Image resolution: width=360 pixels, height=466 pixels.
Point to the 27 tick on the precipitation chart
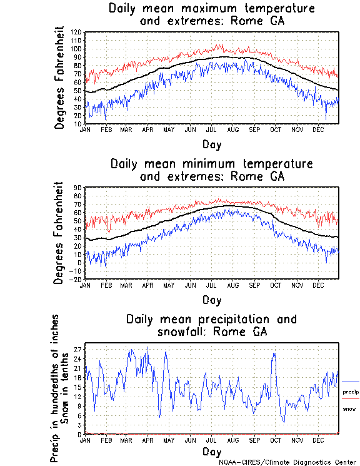pos(77,348)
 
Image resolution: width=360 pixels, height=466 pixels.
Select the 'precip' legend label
pos(351,392)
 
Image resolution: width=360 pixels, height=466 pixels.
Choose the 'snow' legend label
pos(349,408)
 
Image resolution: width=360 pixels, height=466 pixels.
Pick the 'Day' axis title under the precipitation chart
pos(212,451)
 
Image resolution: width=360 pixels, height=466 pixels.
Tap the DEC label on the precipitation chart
pos(317,439)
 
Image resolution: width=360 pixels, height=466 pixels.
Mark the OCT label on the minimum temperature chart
pos(275,285)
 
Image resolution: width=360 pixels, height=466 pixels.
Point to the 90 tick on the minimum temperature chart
pos(77,188)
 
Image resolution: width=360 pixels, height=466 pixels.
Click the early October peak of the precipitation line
pos(274,354)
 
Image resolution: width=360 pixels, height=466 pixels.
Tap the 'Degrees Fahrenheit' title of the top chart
pos(60,77)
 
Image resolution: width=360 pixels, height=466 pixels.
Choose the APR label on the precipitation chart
pos(148,439)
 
